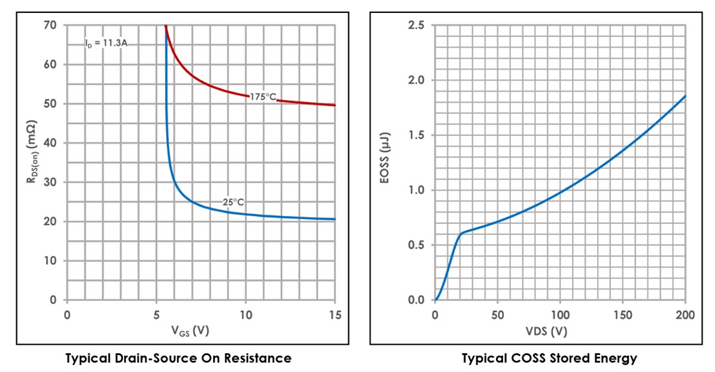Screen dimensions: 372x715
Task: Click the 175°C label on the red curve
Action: [x=263, y=97]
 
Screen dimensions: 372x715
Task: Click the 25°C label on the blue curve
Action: [x=233, y=202]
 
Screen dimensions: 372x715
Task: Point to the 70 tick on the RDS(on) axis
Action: [x=51, y=25]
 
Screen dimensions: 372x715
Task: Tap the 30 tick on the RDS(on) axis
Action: [x=51, y=182]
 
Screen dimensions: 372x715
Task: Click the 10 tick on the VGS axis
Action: [x=246, y=315]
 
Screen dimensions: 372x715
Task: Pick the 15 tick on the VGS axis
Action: [x=334, y=315]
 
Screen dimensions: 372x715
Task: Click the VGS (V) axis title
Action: [x=189, y=331]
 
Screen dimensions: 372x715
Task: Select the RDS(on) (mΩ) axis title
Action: [x=31, y=163]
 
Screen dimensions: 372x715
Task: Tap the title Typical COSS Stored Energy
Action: [x=549, y=358]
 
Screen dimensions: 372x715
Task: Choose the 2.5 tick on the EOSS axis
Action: [x=417, y=25]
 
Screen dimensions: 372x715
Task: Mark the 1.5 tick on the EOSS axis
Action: [x=417, y=135]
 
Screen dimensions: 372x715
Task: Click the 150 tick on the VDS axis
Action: [x=623, y=315]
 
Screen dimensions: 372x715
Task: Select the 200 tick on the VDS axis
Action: [x=685, y=315]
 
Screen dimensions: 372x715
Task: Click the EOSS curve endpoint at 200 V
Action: [x=685, y=96]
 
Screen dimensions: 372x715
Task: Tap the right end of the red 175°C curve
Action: [x=335, y=105]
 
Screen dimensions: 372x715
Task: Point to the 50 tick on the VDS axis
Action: [x=497, y=315]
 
